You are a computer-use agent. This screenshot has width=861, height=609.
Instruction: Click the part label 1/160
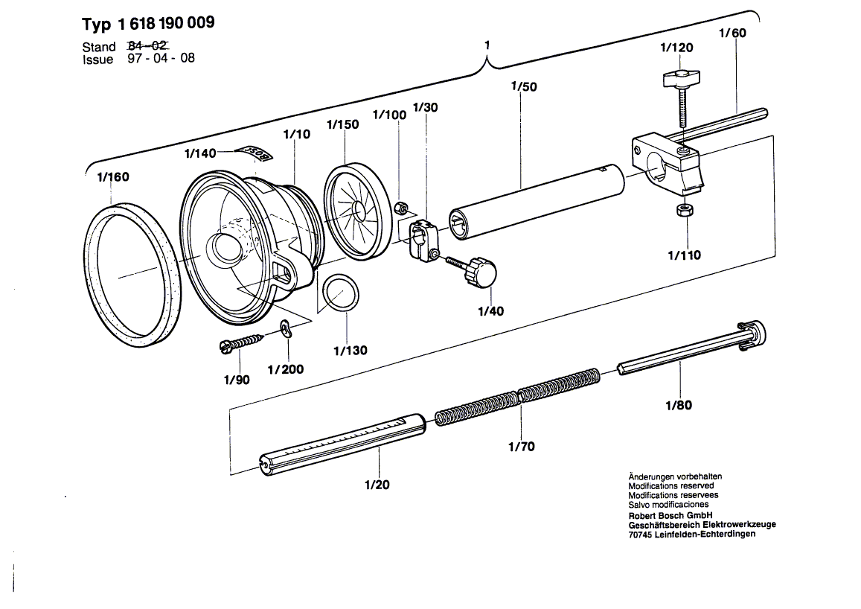112,177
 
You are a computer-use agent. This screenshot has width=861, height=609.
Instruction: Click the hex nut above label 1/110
683,211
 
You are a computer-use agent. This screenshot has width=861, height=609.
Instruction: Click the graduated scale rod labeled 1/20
342,443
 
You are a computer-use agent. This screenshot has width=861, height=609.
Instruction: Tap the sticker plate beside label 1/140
255,153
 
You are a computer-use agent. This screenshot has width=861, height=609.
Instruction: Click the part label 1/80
678,406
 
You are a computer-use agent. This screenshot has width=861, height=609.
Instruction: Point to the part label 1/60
732,33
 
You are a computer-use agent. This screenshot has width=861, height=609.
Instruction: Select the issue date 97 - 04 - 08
160,58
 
